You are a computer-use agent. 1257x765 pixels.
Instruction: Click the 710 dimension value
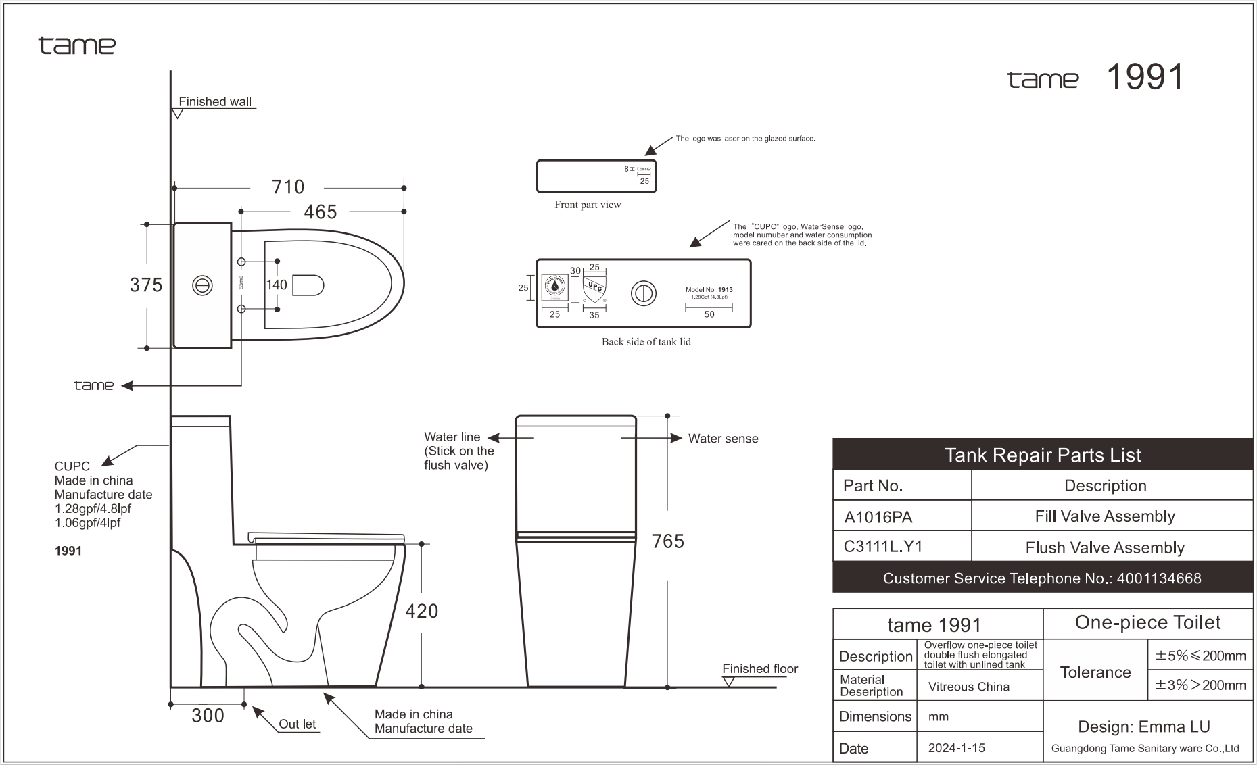click(288, 187)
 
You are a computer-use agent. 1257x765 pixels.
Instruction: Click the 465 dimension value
click(320, 212)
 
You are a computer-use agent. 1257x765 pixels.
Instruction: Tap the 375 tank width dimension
click(146, 285)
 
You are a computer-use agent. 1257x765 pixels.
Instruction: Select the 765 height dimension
click(667, 541)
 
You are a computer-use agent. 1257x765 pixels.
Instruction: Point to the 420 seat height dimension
click(421, 611)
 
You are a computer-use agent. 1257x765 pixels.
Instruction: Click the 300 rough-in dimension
click(208, 716)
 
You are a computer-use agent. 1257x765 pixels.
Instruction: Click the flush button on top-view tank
click(202, 286)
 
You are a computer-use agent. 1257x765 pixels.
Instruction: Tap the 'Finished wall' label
click(215, 102)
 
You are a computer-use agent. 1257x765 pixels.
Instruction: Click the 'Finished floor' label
click(759, 668)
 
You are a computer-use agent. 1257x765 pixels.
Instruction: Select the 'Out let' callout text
click(297, 724)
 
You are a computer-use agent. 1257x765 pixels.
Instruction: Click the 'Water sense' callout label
click(723, 439)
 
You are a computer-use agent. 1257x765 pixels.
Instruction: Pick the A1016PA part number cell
click(878, 517)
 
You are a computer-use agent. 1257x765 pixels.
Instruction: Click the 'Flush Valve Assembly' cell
click(1104, 547)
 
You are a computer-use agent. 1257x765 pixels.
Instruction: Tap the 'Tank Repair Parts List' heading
click(1042, 455)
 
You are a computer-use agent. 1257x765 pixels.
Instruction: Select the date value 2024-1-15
click(956, 747)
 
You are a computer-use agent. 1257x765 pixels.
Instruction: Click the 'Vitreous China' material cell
click(968, 687)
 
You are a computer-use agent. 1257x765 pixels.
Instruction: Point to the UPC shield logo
click(594, 289)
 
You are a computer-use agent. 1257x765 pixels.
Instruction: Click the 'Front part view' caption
click(587, 205)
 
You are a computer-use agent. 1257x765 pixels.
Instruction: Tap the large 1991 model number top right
click(1145, 77)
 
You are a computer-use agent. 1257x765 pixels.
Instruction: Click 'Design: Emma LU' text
click(1143, 726)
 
